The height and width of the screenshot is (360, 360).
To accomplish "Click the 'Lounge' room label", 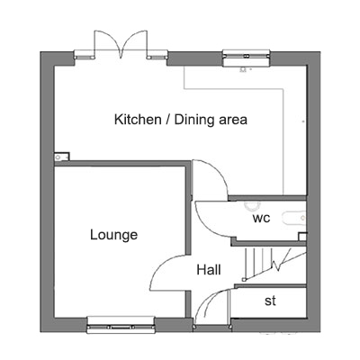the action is tap(114, 235).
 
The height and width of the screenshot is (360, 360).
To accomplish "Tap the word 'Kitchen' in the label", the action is tap(138, 120).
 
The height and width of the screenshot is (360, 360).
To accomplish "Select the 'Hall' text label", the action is tap(209, 270).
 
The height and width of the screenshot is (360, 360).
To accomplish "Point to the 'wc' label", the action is tap(261, 218).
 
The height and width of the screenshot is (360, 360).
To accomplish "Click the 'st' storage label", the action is tap(270, 301).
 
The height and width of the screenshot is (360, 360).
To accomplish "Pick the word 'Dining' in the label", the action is tap(195, 120).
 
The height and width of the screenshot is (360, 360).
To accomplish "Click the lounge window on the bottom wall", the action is tap(121, 325).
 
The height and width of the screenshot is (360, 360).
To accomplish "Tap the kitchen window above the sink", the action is tap(247, 58).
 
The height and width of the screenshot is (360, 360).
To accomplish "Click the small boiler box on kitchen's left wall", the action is tap(62, 157).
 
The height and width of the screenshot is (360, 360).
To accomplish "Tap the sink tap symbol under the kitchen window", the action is tap(245, 69).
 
